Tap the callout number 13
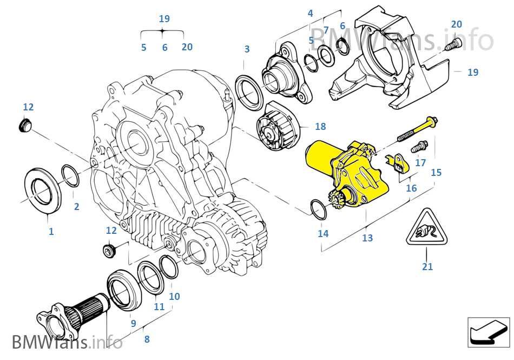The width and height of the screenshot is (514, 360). click(x=367, y=238)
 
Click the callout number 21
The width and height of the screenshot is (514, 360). click(x=427, y=266)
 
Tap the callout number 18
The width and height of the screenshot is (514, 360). click(x=320, y=127)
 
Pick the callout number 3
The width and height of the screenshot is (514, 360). click(x=247, y=49)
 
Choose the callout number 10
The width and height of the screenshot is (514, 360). click(x=174, y=297)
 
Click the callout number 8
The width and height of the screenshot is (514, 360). click(x=147, y=340)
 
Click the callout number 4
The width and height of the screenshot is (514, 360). click(x=310, y=12)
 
